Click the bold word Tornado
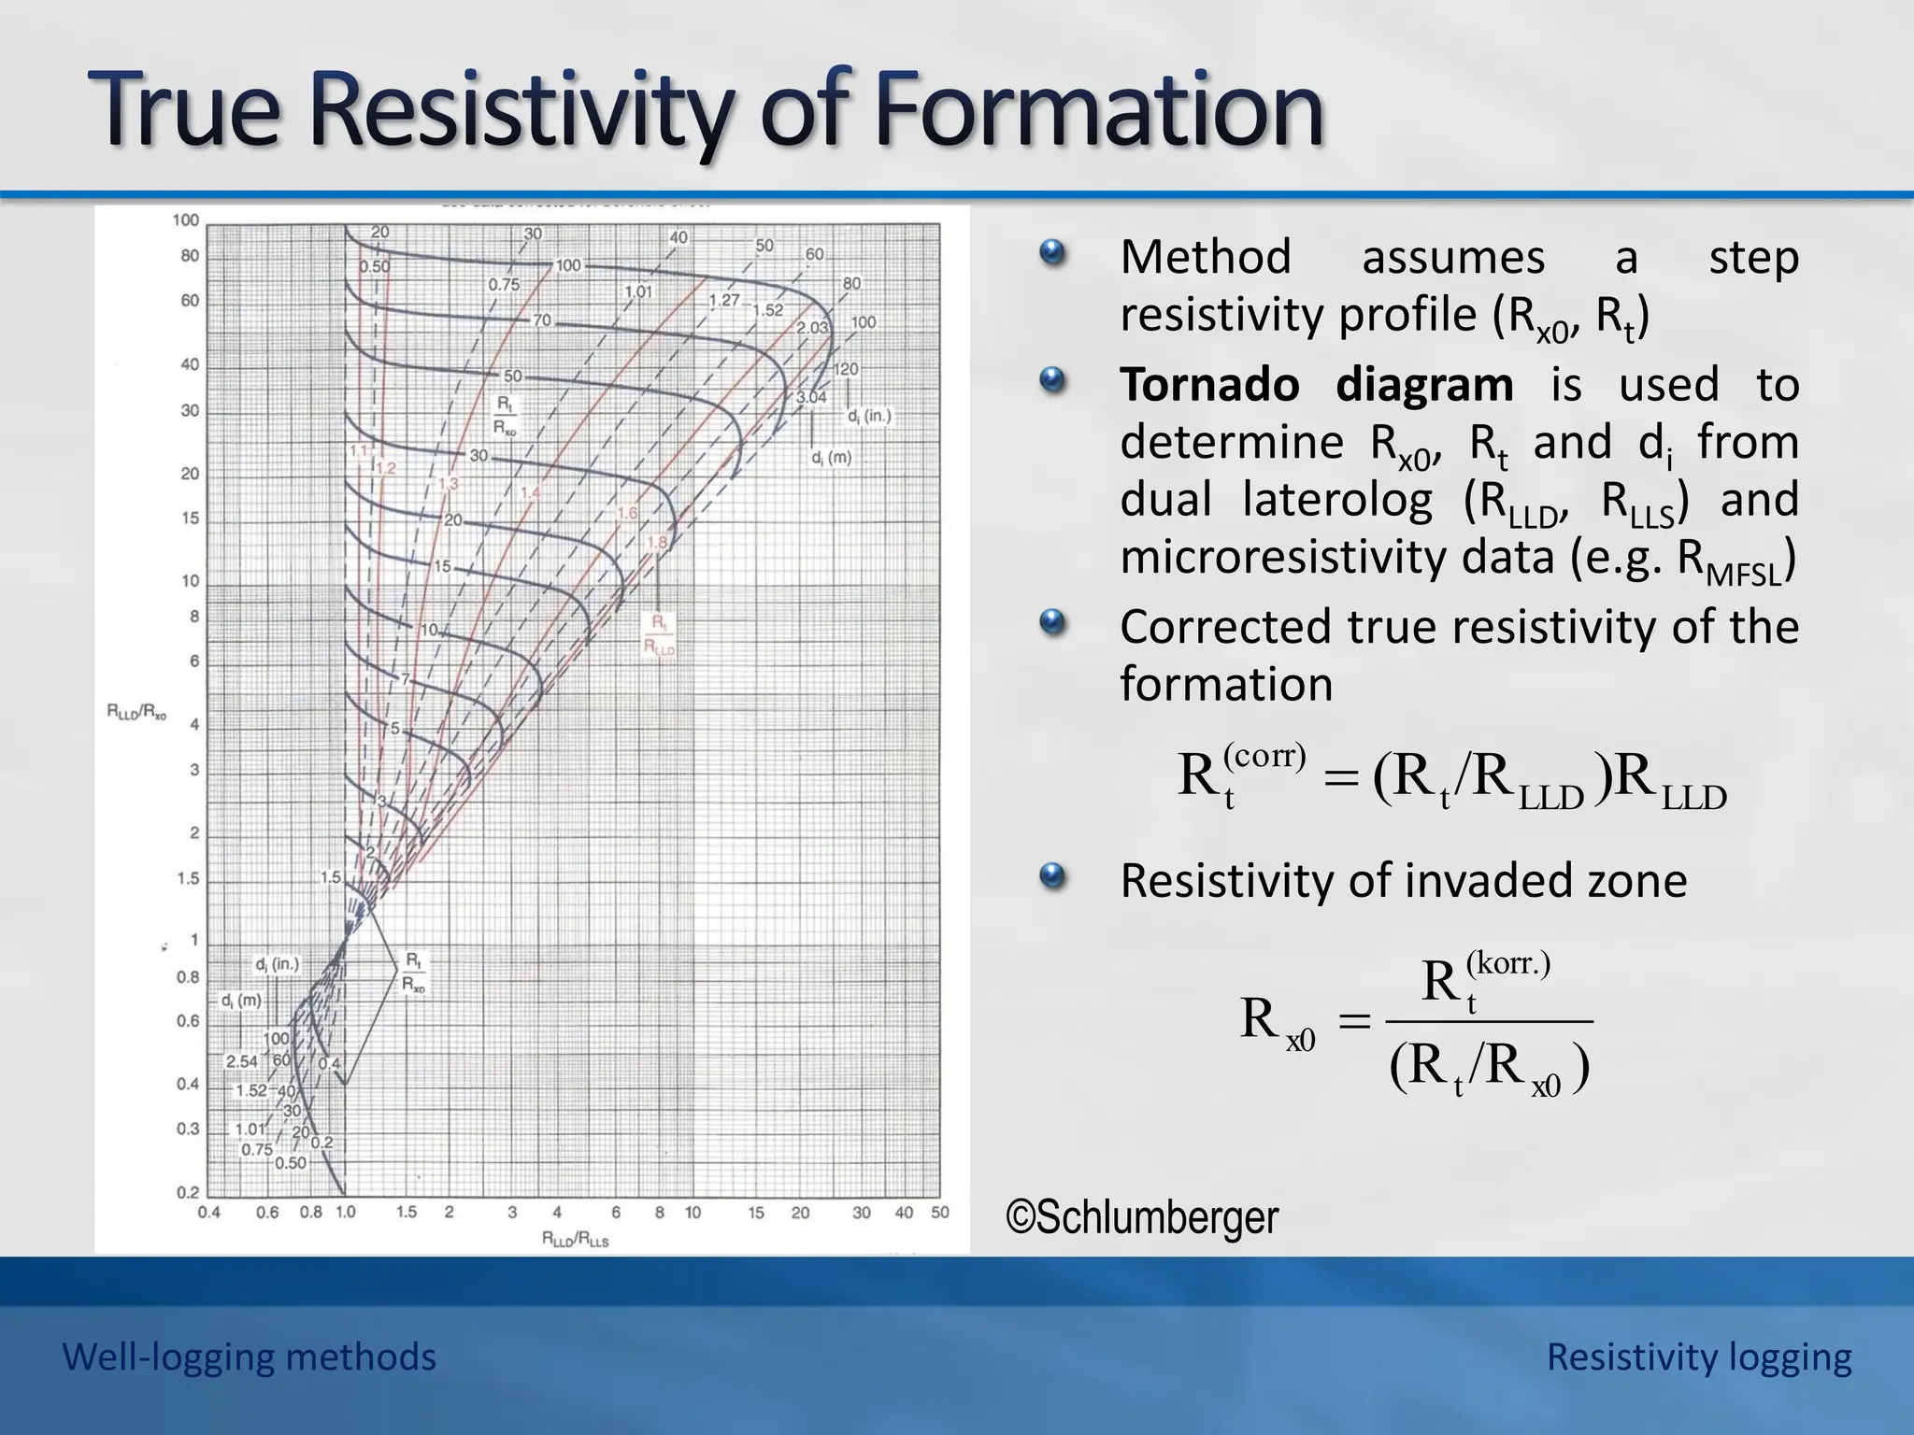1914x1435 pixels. (x=1209, y=385)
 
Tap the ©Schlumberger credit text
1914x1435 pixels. (x=1142, y=1217)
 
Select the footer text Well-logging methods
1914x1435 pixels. (x=249, y=1357)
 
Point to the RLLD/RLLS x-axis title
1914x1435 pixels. (x=575, y=1240)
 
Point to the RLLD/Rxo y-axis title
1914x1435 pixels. (x=136, y=713)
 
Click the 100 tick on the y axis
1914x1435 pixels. (x=186, y=220)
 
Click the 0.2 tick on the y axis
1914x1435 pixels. (x=188, y=1192)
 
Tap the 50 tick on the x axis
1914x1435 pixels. (x=939, y=1213)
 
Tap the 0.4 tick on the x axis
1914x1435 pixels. (x=208, y=1213)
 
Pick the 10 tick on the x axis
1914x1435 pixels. (x=693, y=1213)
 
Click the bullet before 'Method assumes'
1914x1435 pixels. (x=1052, y=253)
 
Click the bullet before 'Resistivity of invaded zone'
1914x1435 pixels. (x=1052, y=876)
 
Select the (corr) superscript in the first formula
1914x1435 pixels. (x=1264, y=755)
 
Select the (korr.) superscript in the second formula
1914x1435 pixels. (x=1507, y=962)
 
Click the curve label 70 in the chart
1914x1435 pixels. (x=542, y=320)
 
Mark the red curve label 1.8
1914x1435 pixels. (x=657, y=542)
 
